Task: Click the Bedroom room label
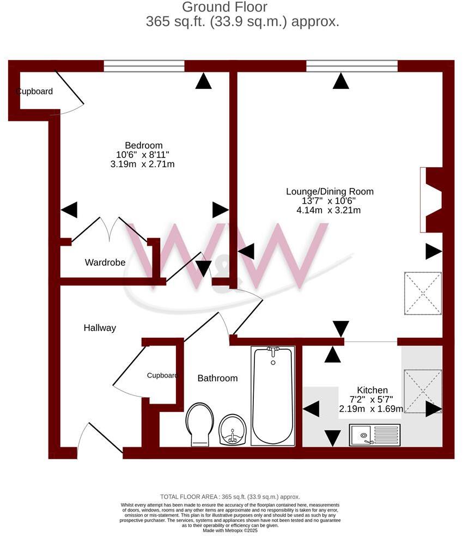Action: pos(144,145)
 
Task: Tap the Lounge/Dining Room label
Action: pos(330,192)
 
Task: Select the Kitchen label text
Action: pos(372,390)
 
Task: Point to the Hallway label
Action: pos(100,328)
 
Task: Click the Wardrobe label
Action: pos(105,263)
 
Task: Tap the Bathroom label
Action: pos(217,378)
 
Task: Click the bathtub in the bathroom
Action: pos(273,397)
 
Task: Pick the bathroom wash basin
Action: pos(233,430)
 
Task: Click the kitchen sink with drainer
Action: pos(375,435)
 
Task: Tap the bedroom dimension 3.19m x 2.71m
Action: pos(142,164)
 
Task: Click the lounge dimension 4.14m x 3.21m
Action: pos(328,210)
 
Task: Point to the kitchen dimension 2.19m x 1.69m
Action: pos(371,409)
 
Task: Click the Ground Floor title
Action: pos(224,8)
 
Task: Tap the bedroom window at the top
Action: pos(144,66)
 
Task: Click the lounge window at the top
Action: pos(352,66)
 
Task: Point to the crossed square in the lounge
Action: pos(423,293)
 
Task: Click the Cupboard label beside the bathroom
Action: pos(162,375)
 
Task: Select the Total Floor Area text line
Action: pos(230,497)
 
